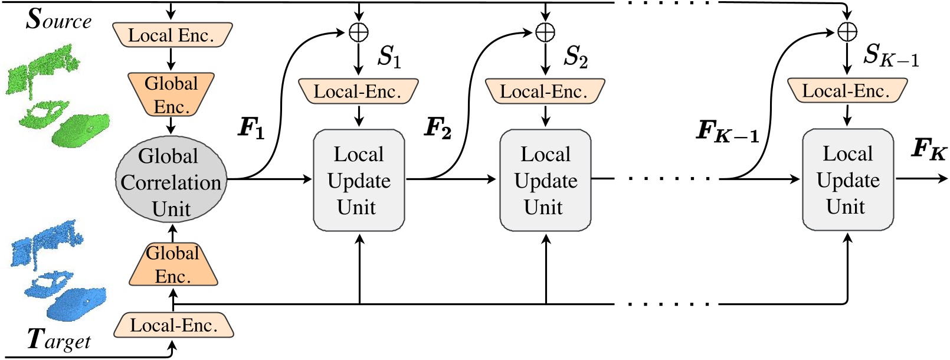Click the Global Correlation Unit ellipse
coord(171,182)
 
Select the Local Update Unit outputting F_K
coord(847,180)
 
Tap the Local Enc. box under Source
coord(171,35)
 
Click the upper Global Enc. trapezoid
coord(171,94)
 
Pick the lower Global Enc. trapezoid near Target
coord(172,264)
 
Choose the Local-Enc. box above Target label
coord(173,325)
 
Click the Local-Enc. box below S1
coord(358,91)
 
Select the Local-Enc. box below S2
coord(545,91)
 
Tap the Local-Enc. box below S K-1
coord(847,91)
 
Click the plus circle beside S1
coord(359,32)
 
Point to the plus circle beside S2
coord(545,32)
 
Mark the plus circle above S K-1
coord(847,32)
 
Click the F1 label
coord(251,128)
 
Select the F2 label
coord(438,128)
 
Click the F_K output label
coord(928,148)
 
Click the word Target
coord(59,341)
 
